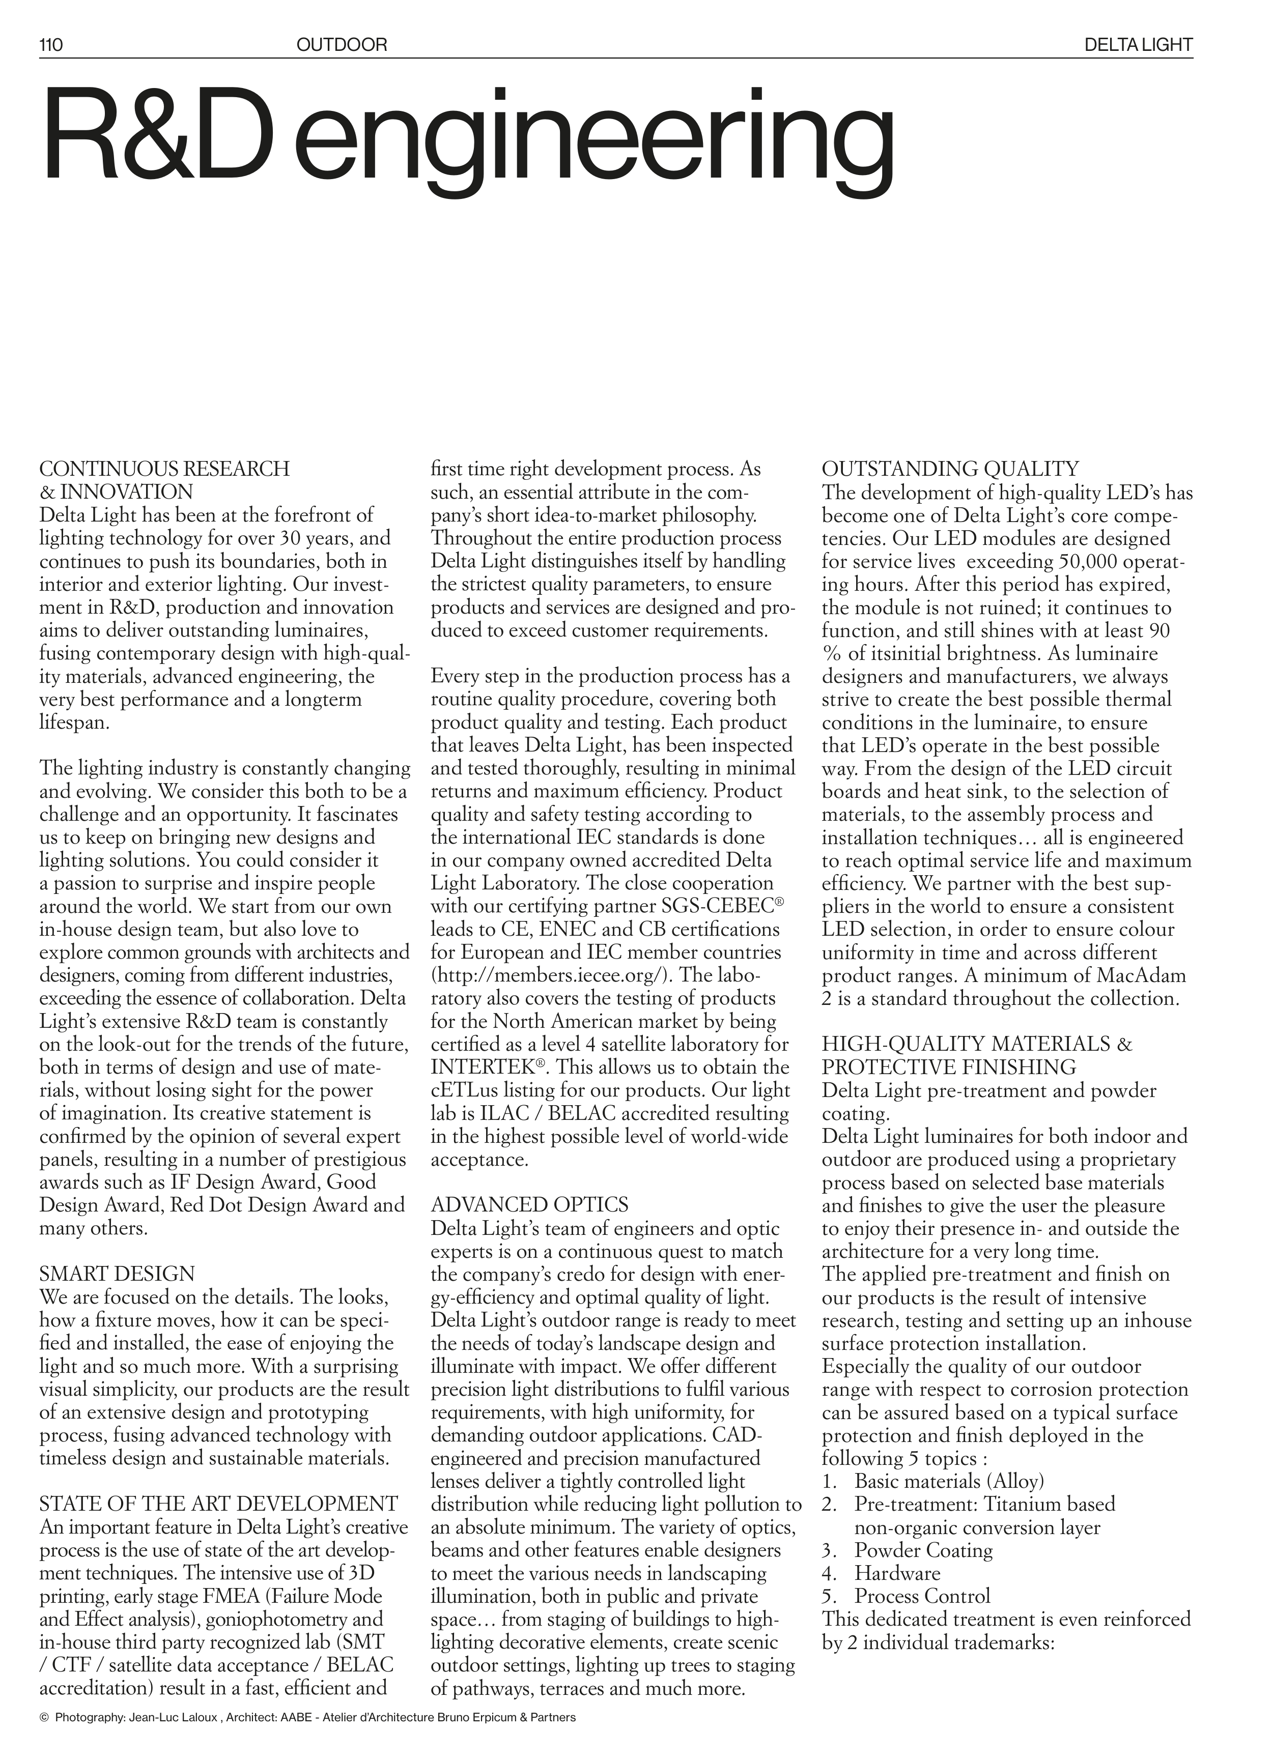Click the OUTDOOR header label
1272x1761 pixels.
pyautogui.click(x=341, y=45)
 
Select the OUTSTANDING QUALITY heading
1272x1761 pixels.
pyautogui.click(x=950, y=469)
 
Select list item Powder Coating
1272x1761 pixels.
pyautogui.click(x=923, y=1572)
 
